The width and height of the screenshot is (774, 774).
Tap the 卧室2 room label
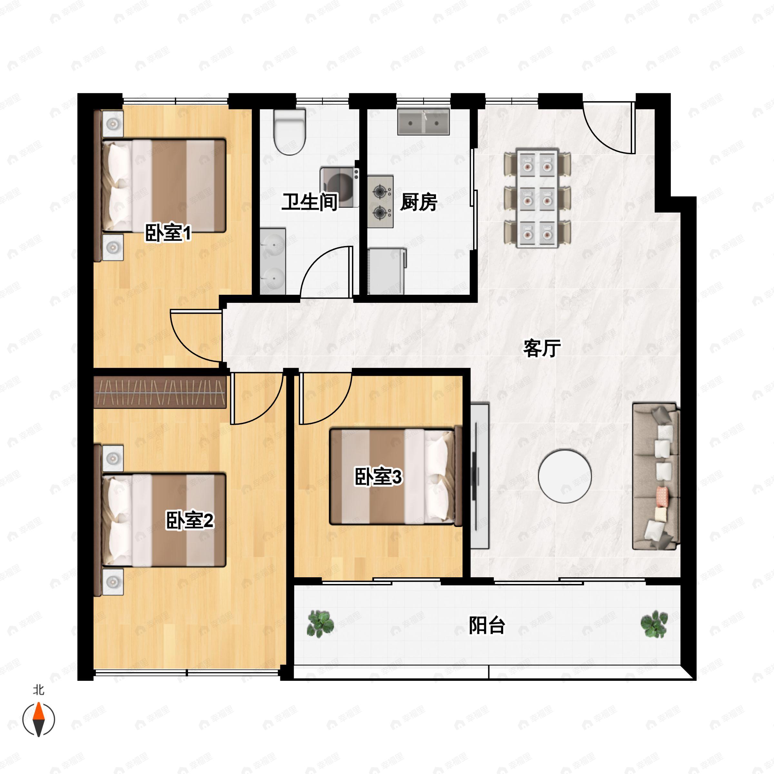[190, 521]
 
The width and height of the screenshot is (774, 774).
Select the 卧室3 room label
[378, 477]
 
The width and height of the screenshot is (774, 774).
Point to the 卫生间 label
[309, 202]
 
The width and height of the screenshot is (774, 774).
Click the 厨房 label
[418, 202]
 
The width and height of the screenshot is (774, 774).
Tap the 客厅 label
[542, 348]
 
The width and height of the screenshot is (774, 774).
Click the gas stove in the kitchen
[380, 202]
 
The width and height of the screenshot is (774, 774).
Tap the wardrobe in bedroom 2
[160, 392]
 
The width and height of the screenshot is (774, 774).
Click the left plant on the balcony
[320, 623]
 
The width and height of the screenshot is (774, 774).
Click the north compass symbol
[38, 719]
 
